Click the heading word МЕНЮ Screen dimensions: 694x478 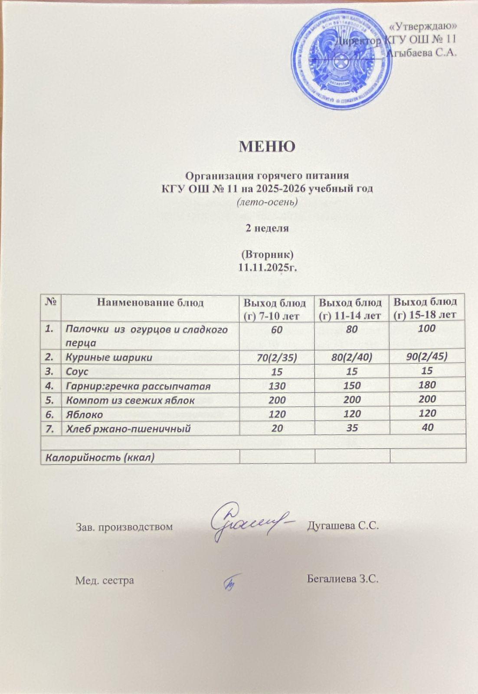point(267,146)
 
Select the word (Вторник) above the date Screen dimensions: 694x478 point(267,254)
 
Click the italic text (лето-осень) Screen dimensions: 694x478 point(267,202)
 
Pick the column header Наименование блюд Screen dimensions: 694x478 point(150,302)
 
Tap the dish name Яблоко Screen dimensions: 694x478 point(85,414)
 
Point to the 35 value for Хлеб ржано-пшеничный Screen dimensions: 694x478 point(352,428)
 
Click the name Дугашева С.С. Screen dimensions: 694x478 point(343,526)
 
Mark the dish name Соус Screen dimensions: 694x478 point(77,372)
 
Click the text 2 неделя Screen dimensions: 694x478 point(267,229)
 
